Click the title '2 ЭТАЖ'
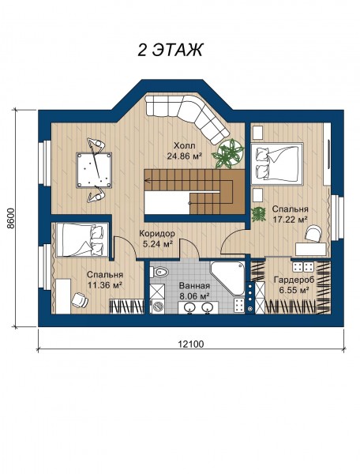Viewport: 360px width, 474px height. click(x=171, y=50)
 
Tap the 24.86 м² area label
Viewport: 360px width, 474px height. click(x=185, y=156)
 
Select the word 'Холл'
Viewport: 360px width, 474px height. click(x=185, y=145)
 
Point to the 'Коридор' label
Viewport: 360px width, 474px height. click(x=157, y=234)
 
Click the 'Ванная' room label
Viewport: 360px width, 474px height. click(x=194, y=286)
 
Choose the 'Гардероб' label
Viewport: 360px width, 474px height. click(x=294, y=280)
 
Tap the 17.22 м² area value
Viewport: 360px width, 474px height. click(x=291, y=220)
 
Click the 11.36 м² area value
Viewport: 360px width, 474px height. click(x=105, y=284)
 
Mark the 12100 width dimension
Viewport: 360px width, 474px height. click(x=191, y=344)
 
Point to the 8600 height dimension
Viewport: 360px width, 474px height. click(x=11, y=219)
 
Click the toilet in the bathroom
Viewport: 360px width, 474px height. click(x=159, y=272)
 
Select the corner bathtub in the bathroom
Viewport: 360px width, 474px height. click(x=227, y=278)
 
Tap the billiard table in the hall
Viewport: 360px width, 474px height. click(x=94, y=170)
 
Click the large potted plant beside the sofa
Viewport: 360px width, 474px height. click(x=228, y=153)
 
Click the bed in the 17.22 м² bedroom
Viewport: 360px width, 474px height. click(x=277, y=164)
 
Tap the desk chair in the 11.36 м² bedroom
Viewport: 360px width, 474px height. click(x=80, y=299)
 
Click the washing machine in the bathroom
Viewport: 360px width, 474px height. click(x=157, y=307)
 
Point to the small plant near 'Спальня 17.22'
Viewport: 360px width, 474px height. click(x=258, y=214)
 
